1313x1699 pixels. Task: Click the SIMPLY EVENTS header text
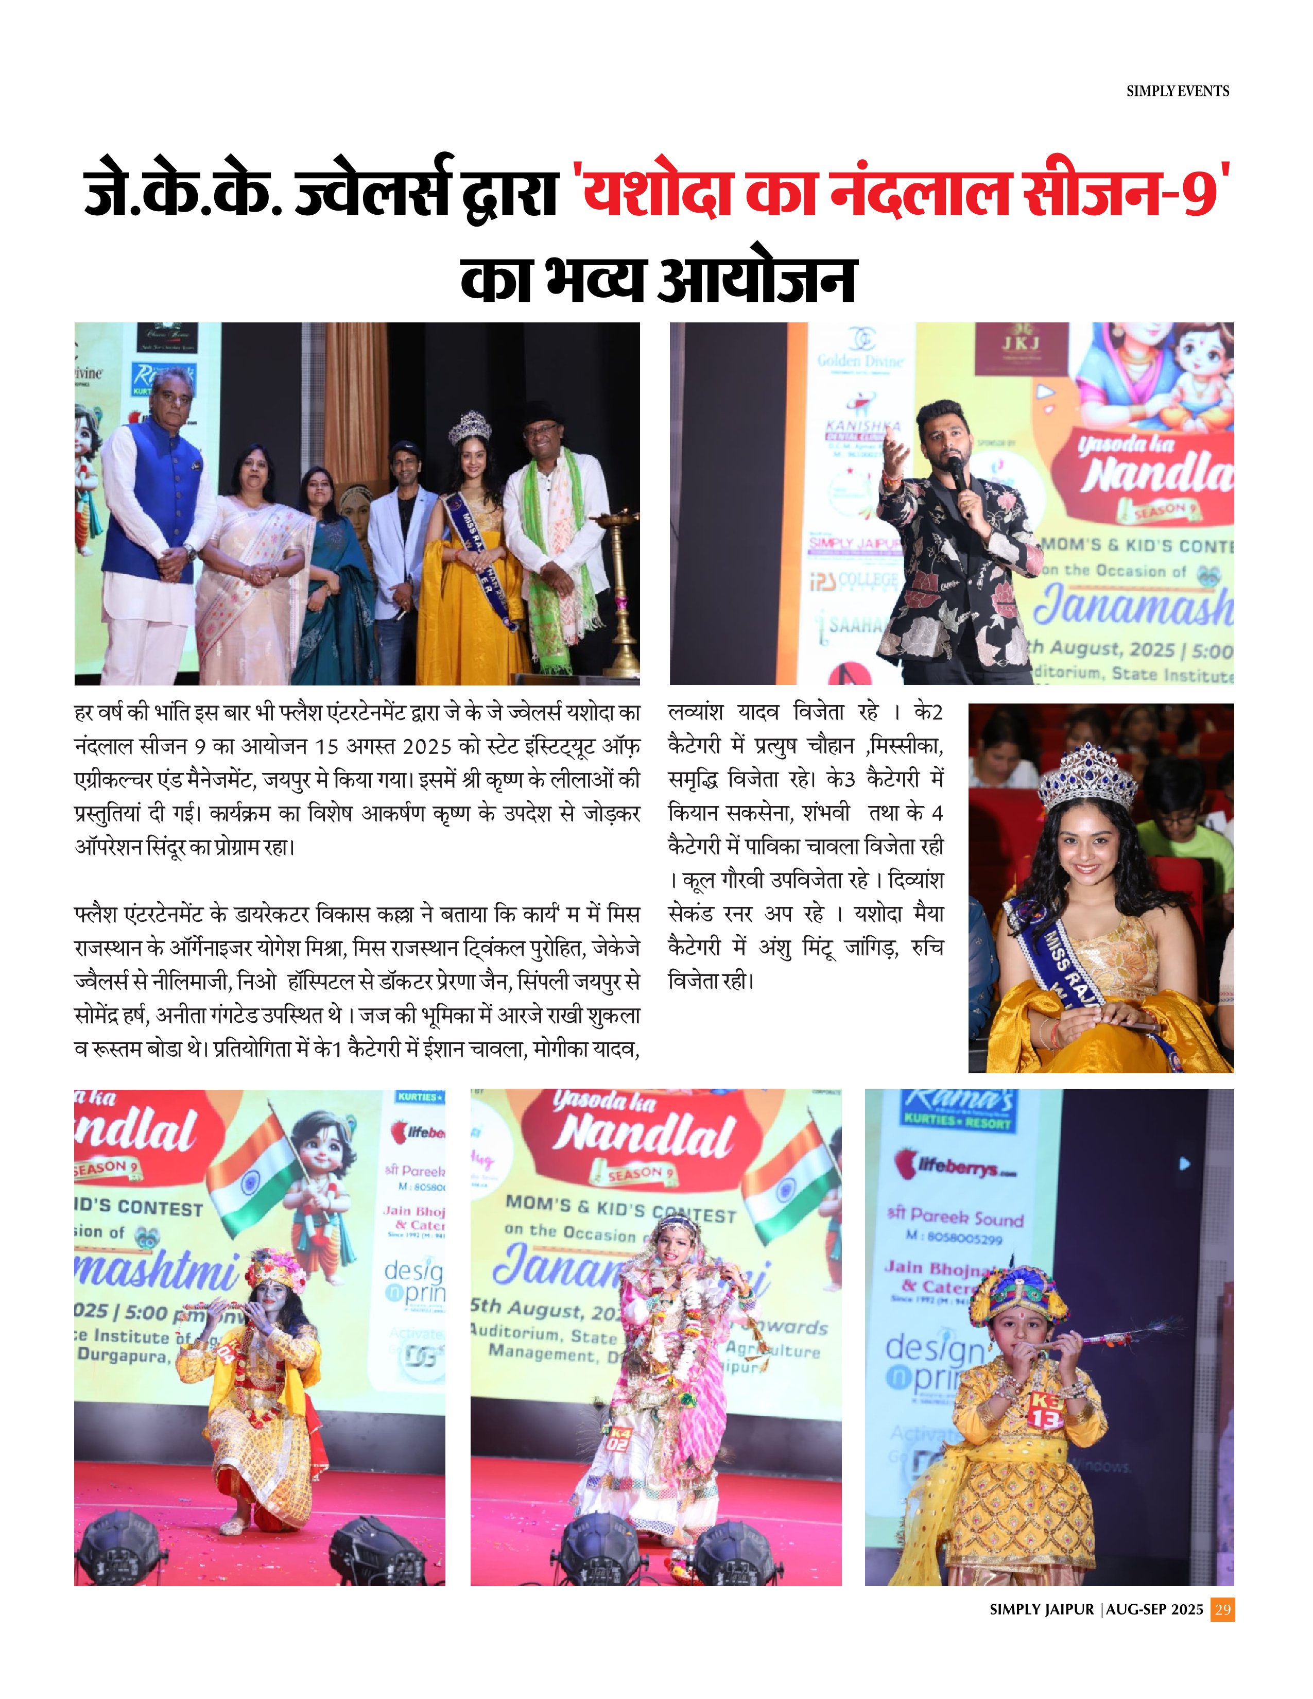click(x=1177, y=91)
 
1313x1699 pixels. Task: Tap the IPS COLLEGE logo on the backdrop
click(x=853, y=581)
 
